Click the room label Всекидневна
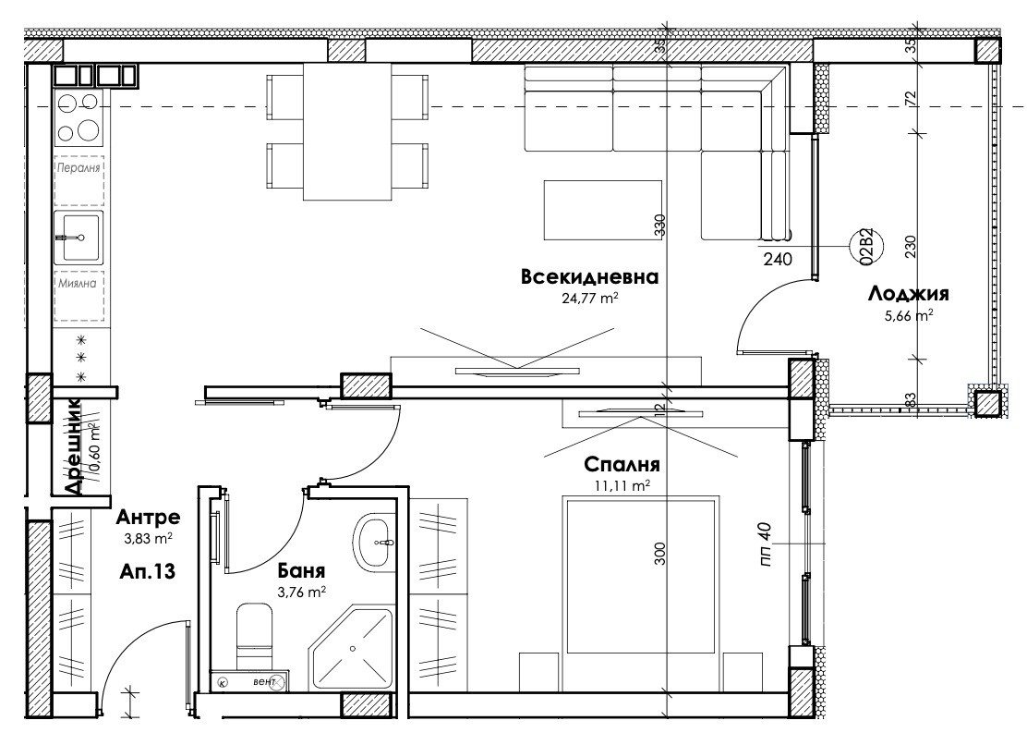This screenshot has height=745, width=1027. pos(589,277)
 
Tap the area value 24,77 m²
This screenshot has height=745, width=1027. pos(588,299)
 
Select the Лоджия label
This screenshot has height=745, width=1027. pos(909,295)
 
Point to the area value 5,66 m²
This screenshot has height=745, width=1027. pos(908,315)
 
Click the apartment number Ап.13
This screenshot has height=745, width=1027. pos(148,571)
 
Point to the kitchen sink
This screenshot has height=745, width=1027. pos(79,238)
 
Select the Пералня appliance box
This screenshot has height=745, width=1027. pos(79,180)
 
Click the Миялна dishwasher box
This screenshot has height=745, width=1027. pos(79,285)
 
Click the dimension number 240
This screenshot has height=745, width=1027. pos(778,260)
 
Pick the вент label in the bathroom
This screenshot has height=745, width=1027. pos(263,682)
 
